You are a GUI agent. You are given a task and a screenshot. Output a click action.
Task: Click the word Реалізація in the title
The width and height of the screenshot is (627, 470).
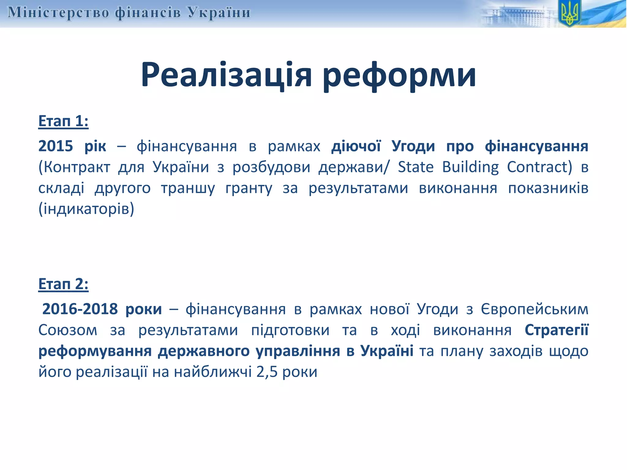(x=226, y=75)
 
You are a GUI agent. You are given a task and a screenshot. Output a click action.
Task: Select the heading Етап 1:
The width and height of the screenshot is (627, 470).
(x=63, y=121)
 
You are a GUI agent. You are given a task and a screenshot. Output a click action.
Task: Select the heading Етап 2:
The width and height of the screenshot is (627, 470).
(x=63, y=284)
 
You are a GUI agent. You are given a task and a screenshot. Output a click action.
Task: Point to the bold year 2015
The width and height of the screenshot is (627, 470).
(x=55, y=146)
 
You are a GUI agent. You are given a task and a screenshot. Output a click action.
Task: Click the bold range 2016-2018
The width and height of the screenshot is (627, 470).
(x=80, y=309)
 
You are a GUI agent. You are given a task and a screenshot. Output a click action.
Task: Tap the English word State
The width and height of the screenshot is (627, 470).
(x=415, y=167)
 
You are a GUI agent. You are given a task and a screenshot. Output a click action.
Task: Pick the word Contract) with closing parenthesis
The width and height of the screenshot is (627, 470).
(x=539, y=167)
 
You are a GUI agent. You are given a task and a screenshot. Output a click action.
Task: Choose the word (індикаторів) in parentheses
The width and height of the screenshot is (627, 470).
(x=86, y=209)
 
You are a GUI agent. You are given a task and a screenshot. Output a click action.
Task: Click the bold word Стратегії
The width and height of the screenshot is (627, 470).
(x=556, y=330)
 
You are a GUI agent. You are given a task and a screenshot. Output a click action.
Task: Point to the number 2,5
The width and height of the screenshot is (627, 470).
(x=267, y=372)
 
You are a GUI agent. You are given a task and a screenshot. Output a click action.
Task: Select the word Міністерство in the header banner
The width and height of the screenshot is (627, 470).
(x=58, y=13)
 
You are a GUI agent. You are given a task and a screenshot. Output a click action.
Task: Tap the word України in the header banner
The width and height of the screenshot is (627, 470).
(x=219, y=13)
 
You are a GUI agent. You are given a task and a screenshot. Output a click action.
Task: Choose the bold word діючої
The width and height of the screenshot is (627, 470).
(x=356, y=146)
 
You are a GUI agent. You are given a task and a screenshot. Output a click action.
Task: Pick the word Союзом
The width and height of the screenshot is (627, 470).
(x=68, y=330)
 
